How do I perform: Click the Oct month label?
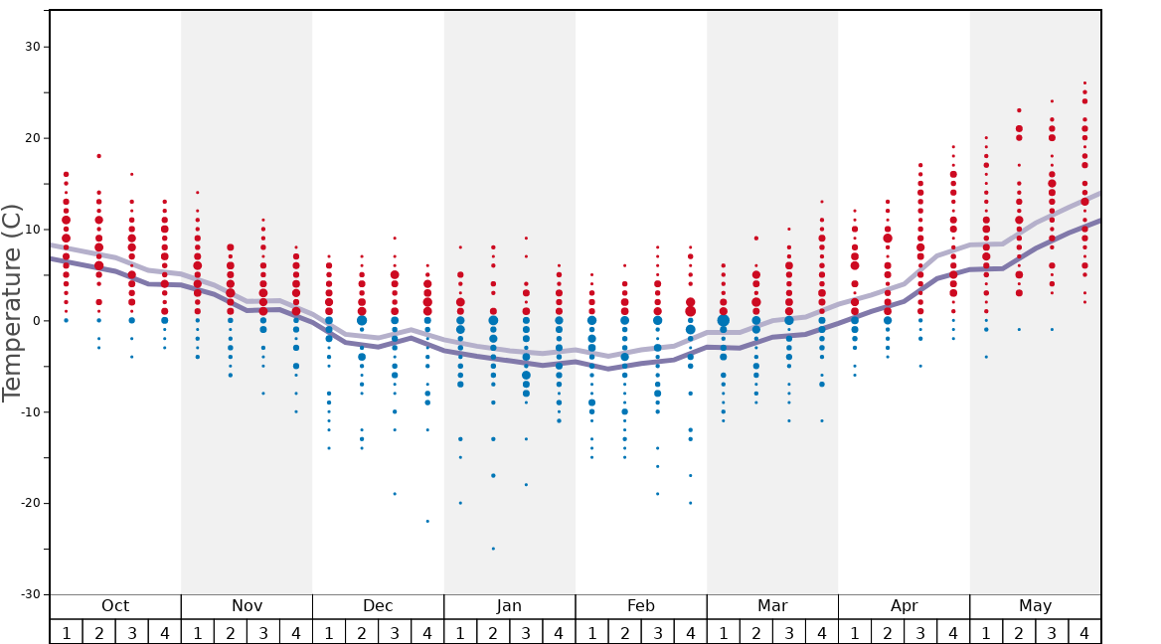pyautogui.click(x=115, y=606)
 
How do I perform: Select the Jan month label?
pyautogui.click(x=509, y=606)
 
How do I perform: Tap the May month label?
pyautogui.click(x=1035, y=606)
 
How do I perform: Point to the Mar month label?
pyautogui.click(x=772, y=606)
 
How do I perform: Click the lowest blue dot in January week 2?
pyautogui.click(x=493, y=549)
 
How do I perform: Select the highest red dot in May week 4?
pyautogui.click(x=1084, y=83)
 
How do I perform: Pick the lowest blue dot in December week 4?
pyautogui.click(x=427, y=521)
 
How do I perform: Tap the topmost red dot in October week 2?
pyautogui.click(x=98, y=156)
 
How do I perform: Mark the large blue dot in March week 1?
pyautogui.click(x=723, y=321)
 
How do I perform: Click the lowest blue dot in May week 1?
pyautogui.click(x=986, y=357)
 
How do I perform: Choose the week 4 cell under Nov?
pyautogui.click(x=296, y=632)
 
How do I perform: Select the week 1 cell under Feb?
pyautogui.click(x=591, y=632)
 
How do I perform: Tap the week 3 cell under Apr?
pyautogui.click(x=920, y=632)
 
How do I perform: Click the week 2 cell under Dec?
pyautogui.click(x=362, y=632)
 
